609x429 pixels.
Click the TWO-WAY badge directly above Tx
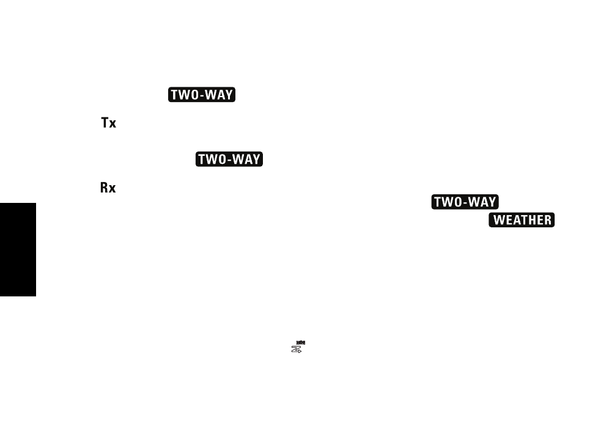click(x=202, y=94)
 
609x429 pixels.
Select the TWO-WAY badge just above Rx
click(x=229, y=159)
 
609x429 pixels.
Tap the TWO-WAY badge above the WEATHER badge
click(x=465, y=202)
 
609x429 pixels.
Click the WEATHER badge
click(x=522, y=220)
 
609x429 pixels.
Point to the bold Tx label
click(x=109, y=123)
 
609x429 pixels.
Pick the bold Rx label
click(x=108, y=188)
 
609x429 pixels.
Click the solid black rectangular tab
click(x=18, y=249)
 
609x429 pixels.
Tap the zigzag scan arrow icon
click(x=297, y=350)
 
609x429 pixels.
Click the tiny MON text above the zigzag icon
click(x=301, y=343)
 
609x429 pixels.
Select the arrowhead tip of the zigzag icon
click(x=301, y=351)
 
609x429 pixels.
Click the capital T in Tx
click(x=105, y=123)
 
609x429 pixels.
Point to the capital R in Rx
click(x=104, y=188)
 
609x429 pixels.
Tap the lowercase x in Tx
click(x=113, y=124)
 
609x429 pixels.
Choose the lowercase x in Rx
click(x=113, y=189)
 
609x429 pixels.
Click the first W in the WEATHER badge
click(x=498, y=220)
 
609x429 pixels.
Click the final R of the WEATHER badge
click(x=548, y=220)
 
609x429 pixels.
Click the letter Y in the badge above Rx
click(x=256, y=159)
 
